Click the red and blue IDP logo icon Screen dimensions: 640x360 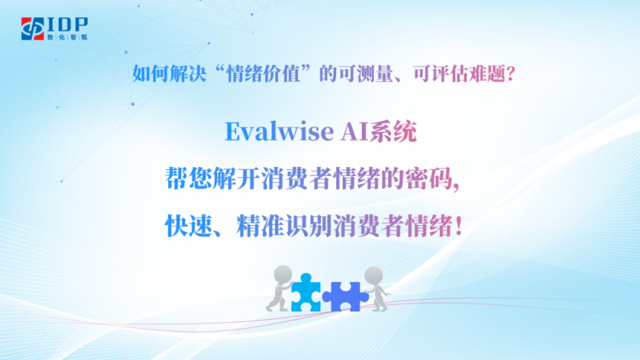(x=33, y=28)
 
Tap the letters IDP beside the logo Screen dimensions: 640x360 (x=68, y=25)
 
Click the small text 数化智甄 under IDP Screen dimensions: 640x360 (x=67, y=37)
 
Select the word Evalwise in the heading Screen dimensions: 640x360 (x=279, y=131)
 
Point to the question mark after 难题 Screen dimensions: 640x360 (x=510, y=74)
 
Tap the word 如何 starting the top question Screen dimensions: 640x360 (x=151, y=74)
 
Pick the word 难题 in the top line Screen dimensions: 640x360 (x=487, y=74)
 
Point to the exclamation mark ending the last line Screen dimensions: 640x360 (x=458, y=226)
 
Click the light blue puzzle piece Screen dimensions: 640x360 (x=306, y=293)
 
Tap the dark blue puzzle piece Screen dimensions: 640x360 (x=345, y=297)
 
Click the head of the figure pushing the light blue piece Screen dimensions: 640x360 (x=283, y=274)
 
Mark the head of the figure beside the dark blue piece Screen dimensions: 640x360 (x=373, y=275)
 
